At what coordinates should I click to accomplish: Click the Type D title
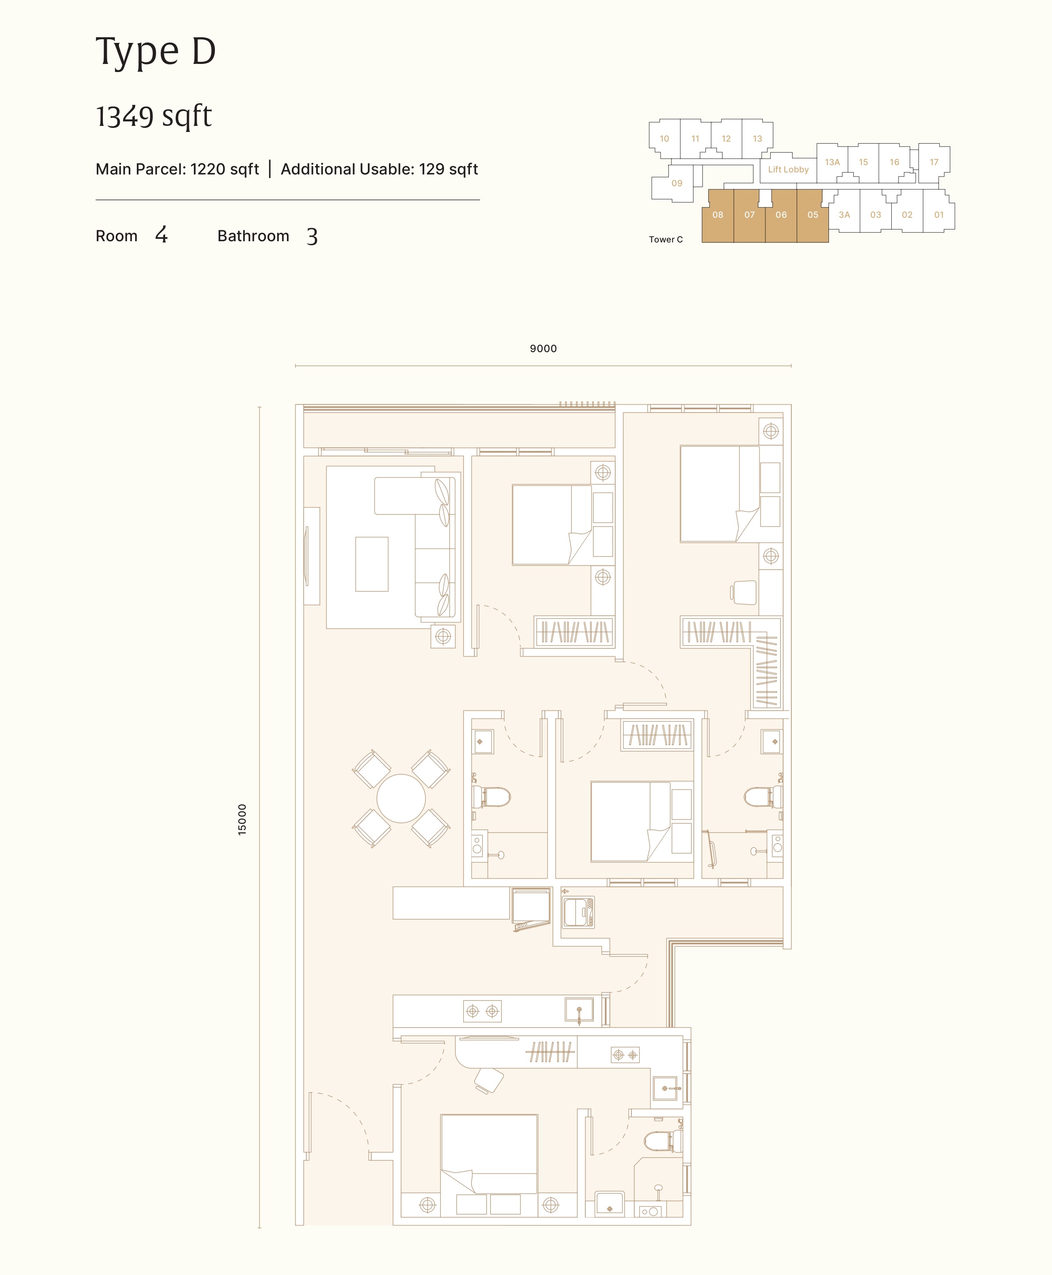[x=156, y=51]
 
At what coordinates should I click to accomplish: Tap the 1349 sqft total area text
[x=154, y=116]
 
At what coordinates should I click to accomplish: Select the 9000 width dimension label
[x=543, y=348]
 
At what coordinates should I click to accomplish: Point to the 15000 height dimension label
[x=242, y=819]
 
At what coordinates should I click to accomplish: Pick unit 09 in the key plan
[x=677, y=183]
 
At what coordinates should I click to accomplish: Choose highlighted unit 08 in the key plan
[x=718, y=215]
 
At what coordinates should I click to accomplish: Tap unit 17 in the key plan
[x=934, y=162]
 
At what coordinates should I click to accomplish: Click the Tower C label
[x=665, y=239]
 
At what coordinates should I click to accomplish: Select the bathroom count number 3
[x=312, y=236]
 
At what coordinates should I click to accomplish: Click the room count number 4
[x=161, y=235]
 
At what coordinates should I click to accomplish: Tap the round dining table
[x=401, y=798]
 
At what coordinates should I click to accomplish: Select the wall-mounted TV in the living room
[x=307, y=556]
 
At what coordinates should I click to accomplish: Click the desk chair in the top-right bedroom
[x=744, y=593]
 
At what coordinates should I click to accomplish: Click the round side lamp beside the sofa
[x=443, y=636]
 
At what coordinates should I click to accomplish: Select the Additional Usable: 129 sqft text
[x=379, y=169]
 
